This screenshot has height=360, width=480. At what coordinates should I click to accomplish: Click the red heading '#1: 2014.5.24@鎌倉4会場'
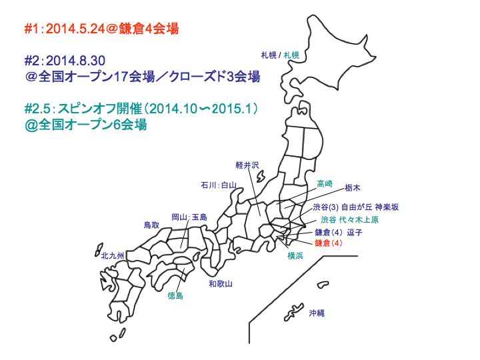[x=101, y=29]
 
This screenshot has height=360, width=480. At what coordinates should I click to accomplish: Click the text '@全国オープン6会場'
[x=85, y=124]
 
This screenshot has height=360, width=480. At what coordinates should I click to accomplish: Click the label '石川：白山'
[x=218, y=185]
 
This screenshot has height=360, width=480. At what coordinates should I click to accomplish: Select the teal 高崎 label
[x=325, y=183]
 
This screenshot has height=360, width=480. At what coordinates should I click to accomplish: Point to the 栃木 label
[x=353, y=188]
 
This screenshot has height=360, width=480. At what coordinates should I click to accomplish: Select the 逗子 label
[x=355, y=233]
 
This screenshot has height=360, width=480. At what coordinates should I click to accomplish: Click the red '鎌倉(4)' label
[x=328, y=243]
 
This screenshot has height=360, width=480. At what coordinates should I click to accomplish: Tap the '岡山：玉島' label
[x=189, y=217]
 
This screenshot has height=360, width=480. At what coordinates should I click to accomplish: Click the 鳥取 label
[x=152, y=225]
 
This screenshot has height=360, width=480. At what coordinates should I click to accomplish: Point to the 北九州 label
[x=113, y=255]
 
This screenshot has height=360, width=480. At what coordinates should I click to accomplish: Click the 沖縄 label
[x=317, y=312]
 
